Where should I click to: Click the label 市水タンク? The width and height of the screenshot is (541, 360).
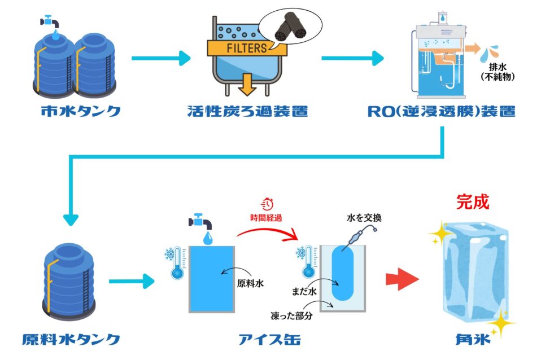pos(81,111)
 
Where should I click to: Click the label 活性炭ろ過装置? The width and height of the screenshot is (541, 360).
pos(248,111)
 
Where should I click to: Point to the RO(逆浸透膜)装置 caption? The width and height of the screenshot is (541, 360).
pos(441,111)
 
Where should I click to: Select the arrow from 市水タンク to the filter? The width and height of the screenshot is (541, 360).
pos(162,58)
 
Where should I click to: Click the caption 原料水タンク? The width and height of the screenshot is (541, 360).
pos(71,340)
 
